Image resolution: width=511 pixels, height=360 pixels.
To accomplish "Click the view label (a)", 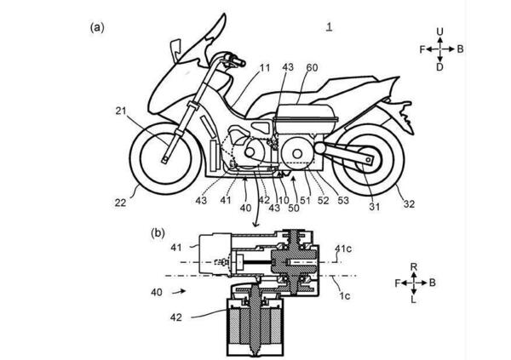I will pyautogui.click(x=97, y=26).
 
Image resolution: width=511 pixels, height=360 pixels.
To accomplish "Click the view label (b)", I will pyautogui.click(x=158, y=231).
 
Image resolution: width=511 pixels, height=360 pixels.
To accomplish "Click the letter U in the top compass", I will pyautogui.click(x=439, y=31).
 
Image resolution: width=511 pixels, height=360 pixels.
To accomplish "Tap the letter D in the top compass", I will pyautogui.click(x=439, y=67).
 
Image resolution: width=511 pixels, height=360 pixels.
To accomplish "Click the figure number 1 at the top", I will pyautogui.click(x=328, y=27).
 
